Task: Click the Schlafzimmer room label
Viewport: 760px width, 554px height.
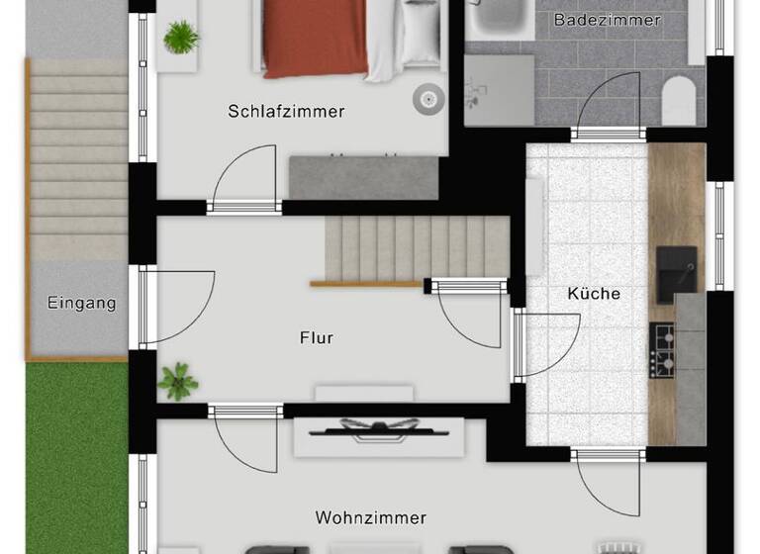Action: (286, 112)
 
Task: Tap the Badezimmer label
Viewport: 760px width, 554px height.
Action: (607, 20)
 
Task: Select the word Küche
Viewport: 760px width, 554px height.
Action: (594, 294)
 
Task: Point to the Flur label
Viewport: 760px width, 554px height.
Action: (317, 338)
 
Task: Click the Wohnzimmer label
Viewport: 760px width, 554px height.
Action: (370, 517)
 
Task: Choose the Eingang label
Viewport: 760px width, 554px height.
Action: (81, 303)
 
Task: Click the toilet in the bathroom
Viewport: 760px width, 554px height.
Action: (678, 101)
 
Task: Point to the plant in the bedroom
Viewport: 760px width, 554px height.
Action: (181, 38)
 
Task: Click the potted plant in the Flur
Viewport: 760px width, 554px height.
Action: (177, 381)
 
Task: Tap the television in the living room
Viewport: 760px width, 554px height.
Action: (378, 429)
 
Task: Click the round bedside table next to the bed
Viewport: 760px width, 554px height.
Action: (428, 96)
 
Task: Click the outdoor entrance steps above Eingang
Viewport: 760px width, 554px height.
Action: (78, 158)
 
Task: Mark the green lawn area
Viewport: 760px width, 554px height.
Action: (76, 455)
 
